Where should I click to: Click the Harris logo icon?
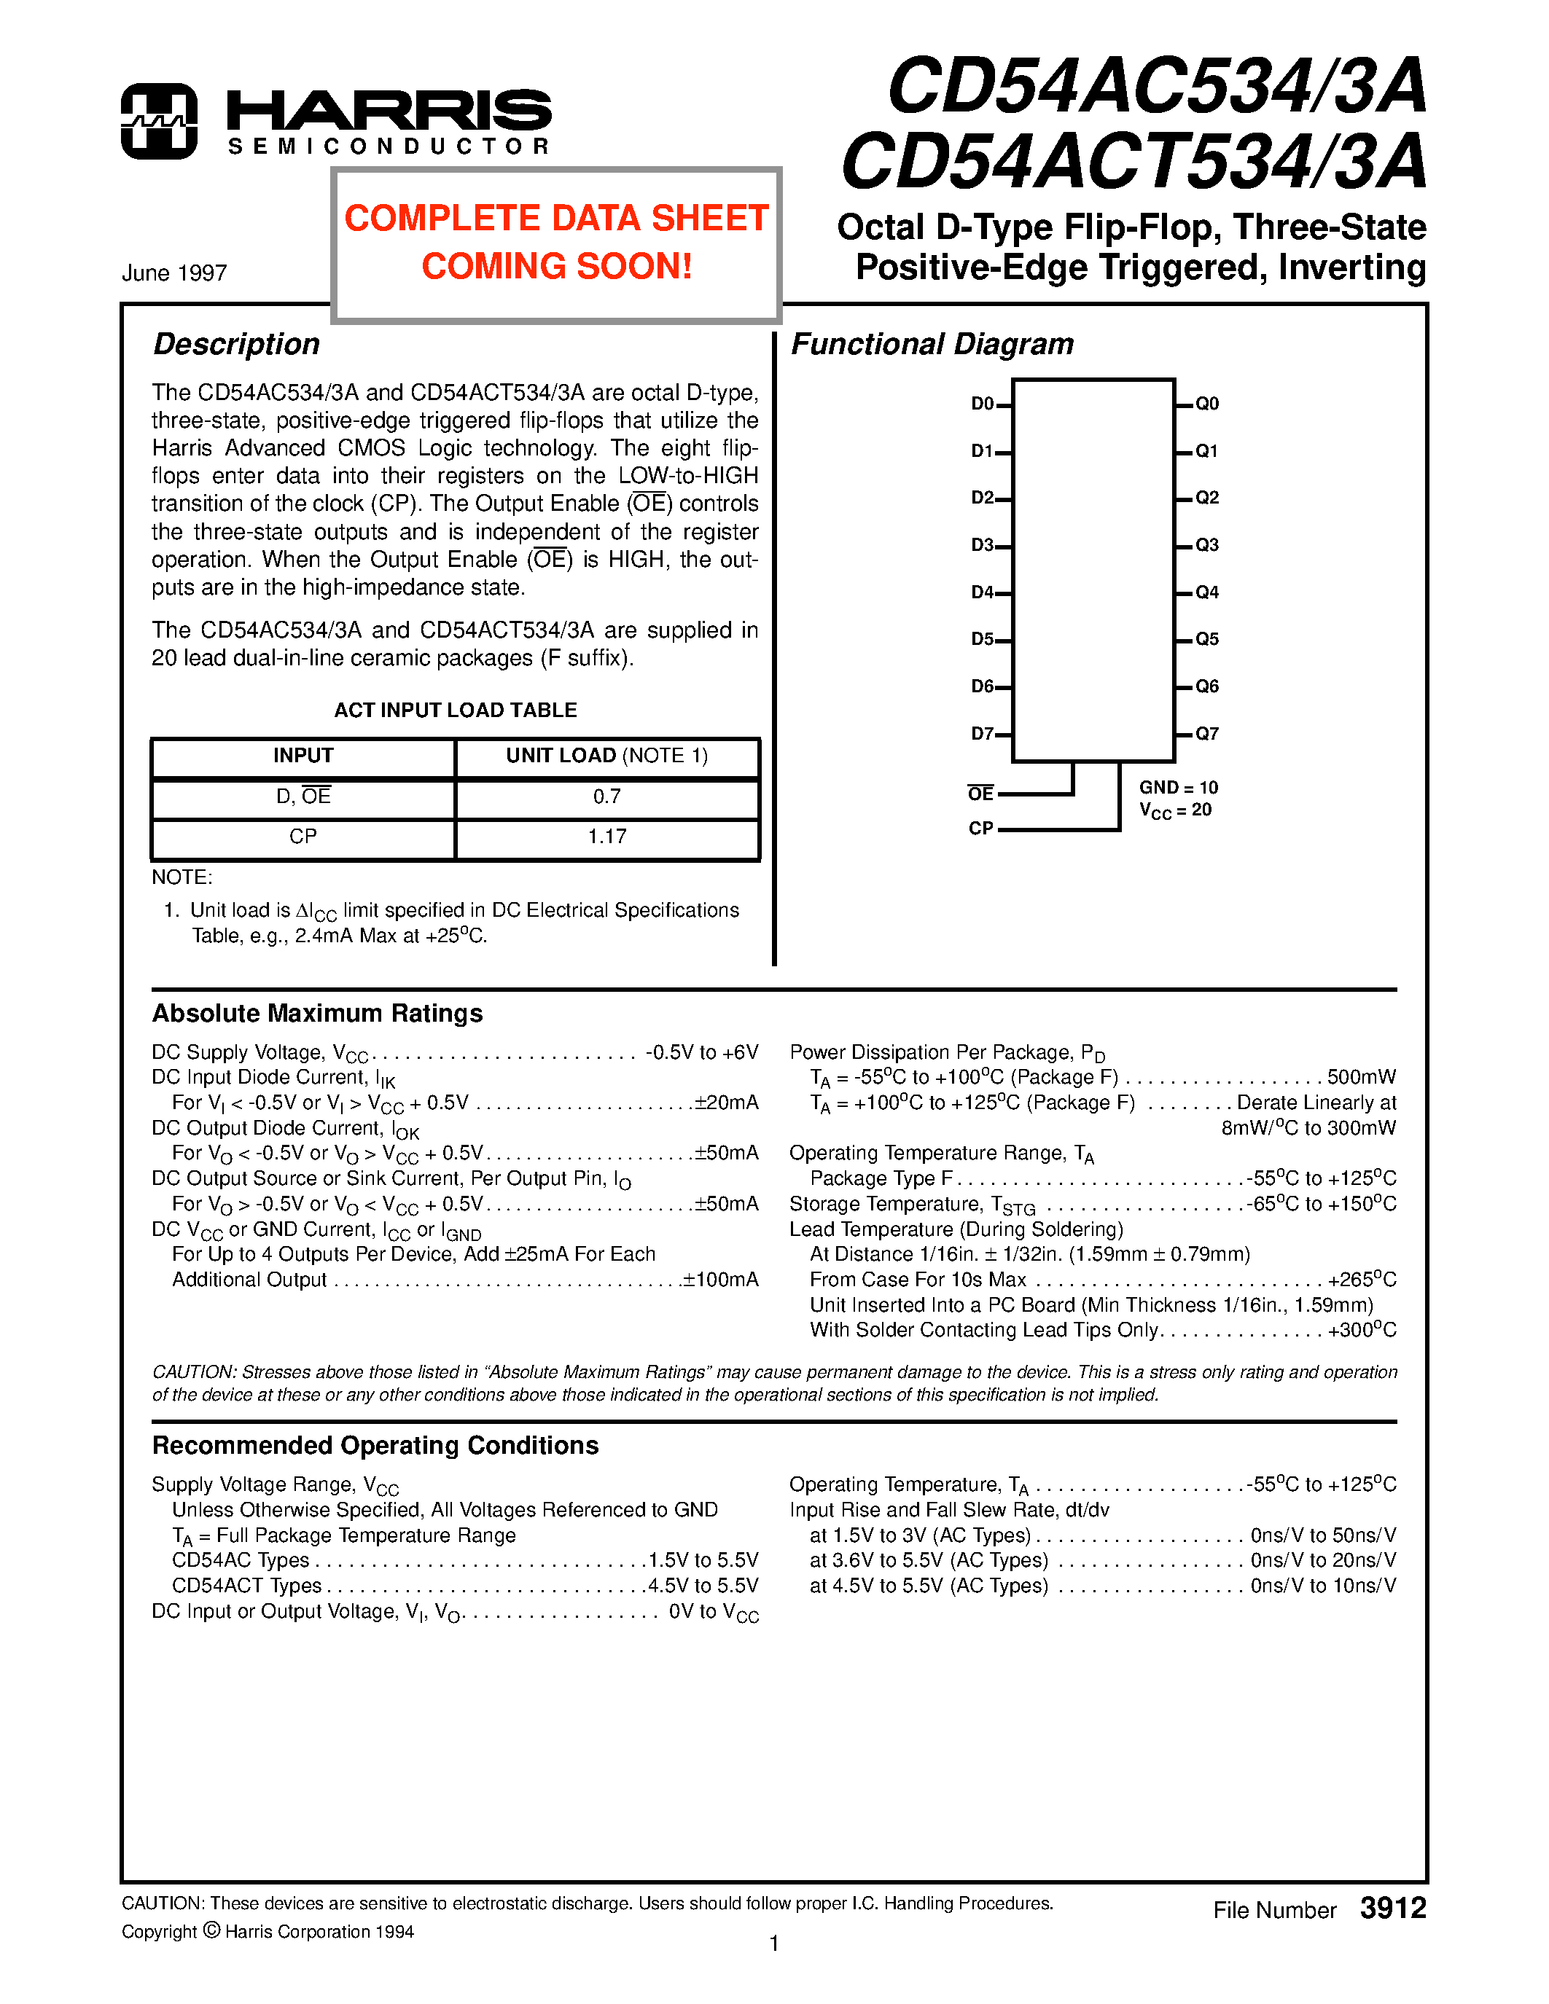click(159, 121)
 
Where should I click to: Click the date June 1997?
click(174, 273)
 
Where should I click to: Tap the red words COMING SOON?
click(556, 267)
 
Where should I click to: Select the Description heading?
click(237, 344)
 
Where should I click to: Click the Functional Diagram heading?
click(932, 344)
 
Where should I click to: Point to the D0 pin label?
click(982, 404)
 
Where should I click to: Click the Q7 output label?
click(1206, 733)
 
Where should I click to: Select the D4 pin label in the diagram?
click(982, 592)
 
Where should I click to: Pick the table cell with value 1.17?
click(606, 837)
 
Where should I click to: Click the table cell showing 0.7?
click(606, 796)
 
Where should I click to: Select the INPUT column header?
click(303, 756)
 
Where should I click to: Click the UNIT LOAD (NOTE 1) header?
click(606, 756)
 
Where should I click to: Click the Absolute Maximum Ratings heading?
click(318, 1013)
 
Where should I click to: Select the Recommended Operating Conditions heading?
click(375, 1445)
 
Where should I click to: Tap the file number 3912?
click(1392, 1909)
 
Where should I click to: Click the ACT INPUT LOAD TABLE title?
click(455, 711)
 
